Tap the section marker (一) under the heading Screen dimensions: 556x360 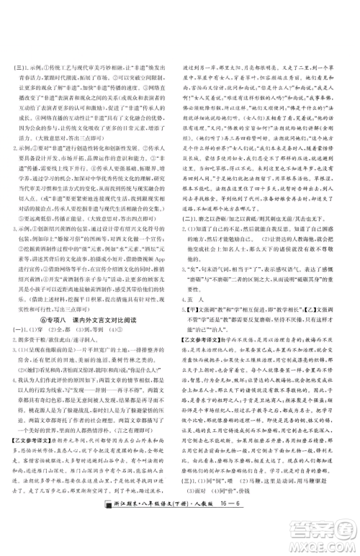(x=27, y=372)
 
